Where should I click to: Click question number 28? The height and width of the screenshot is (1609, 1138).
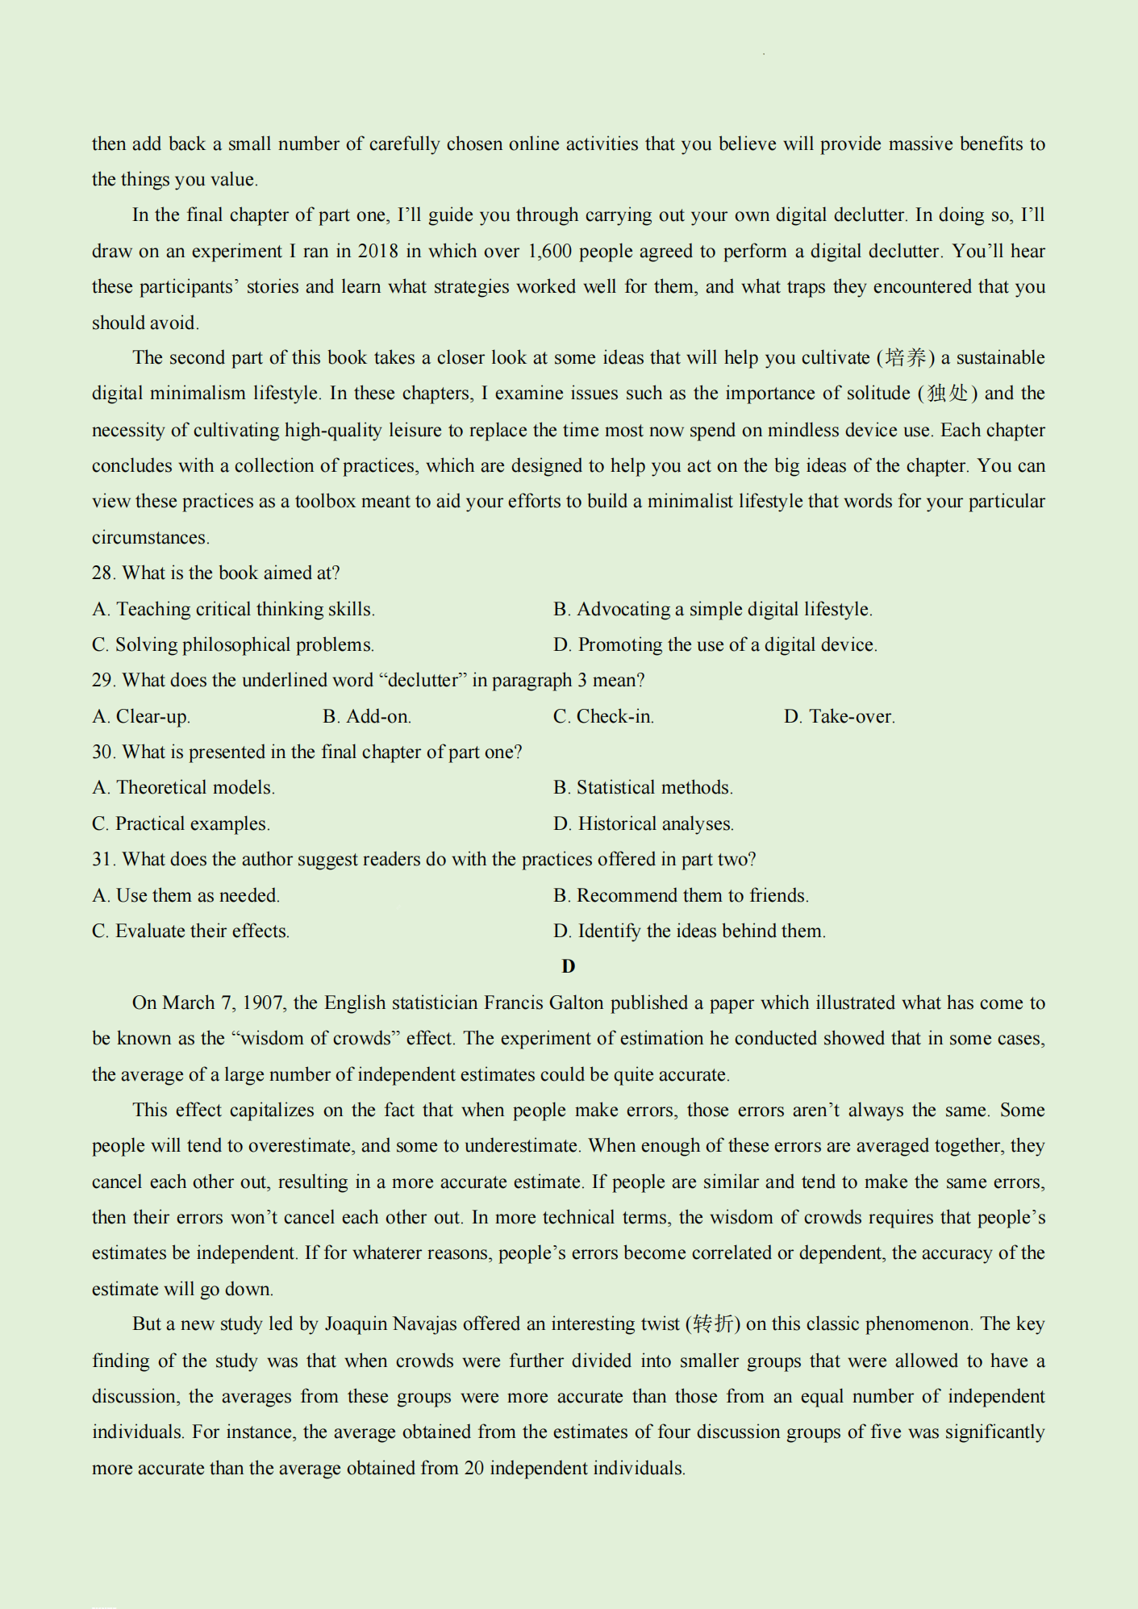(x=103, y=573)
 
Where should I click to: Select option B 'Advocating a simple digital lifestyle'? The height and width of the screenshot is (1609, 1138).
(x=713, y=610)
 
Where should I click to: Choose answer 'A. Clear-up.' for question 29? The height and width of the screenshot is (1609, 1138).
(x=141, y=717)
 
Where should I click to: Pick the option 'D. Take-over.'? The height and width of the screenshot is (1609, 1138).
(x=840, y=717)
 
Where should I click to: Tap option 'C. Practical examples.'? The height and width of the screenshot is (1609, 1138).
(x=181, y=824)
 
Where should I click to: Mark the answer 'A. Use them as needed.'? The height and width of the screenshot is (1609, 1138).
(x=186, y=896)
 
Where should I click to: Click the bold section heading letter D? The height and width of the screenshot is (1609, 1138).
(x=569, y=966)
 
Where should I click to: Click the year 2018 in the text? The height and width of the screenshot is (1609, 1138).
(x=377, y=252)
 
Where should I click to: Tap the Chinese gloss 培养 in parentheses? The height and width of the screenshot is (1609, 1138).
(x=906, y=358)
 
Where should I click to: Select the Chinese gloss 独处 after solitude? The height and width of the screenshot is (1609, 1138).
(x=948, y=394)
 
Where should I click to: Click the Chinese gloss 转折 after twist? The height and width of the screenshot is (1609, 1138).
(x=715, y=1324)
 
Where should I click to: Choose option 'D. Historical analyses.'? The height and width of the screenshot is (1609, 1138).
(x=644, y=824)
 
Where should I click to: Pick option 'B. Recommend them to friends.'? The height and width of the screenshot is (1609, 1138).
(x=682, y=896)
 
